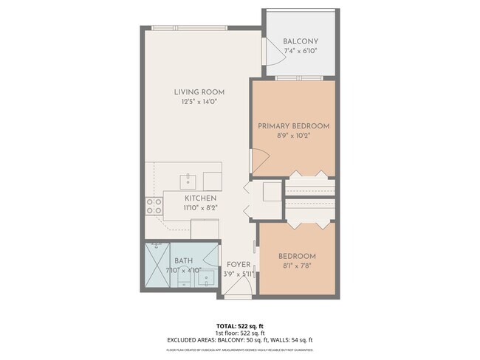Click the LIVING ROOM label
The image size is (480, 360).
(x=199, y=92)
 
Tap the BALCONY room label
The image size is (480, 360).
(x=301, y=41)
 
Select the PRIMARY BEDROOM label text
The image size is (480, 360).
(x=293, y=126)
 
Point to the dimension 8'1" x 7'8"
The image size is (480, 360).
(x=297, y=266)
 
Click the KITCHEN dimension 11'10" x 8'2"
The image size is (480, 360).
(x=200, y=209)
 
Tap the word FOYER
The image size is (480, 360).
(x=238, y=264)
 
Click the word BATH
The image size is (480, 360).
(x=183, y=260)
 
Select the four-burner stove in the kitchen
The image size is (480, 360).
(x=154, y=206)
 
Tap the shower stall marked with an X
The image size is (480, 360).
(x=157, y=266)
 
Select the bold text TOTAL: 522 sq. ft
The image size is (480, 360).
(x=239, y=325)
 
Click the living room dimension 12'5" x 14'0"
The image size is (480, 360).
(x=199, y=102)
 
